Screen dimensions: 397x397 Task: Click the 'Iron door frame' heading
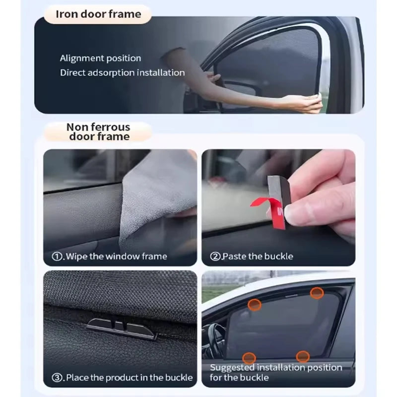click(98, 14)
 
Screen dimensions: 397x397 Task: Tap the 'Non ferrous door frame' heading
click(99, 132)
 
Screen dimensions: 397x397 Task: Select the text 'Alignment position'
click(101, 59)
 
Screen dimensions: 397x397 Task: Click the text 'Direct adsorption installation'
click(122, 73)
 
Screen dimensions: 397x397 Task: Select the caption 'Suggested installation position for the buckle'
click(276, 372)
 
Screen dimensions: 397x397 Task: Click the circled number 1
click(58, 257)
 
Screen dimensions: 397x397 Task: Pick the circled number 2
click(215, 257)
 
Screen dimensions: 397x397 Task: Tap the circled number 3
click(58, 377)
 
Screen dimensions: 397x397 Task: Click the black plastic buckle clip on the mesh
click(122, 328)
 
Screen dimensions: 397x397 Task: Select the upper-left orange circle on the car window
click(255, 305)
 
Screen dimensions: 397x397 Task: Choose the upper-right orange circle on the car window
click(317, 293)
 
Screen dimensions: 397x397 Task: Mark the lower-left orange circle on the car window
click(249, 357)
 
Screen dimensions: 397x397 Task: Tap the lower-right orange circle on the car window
click(303, 356)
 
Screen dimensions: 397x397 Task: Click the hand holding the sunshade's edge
click(305, 103)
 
